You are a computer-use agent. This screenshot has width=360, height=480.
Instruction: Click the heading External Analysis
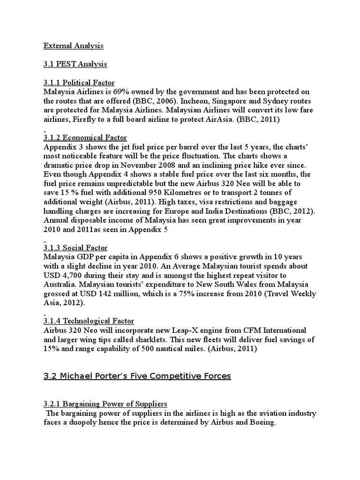74,46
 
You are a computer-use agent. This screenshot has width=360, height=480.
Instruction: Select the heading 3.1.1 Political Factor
79,82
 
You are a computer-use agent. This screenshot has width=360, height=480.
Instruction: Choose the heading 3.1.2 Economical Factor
85,137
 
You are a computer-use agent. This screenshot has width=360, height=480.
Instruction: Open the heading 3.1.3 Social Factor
75,247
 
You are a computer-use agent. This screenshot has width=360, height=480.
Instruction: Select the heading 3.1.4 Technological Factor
89,321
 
